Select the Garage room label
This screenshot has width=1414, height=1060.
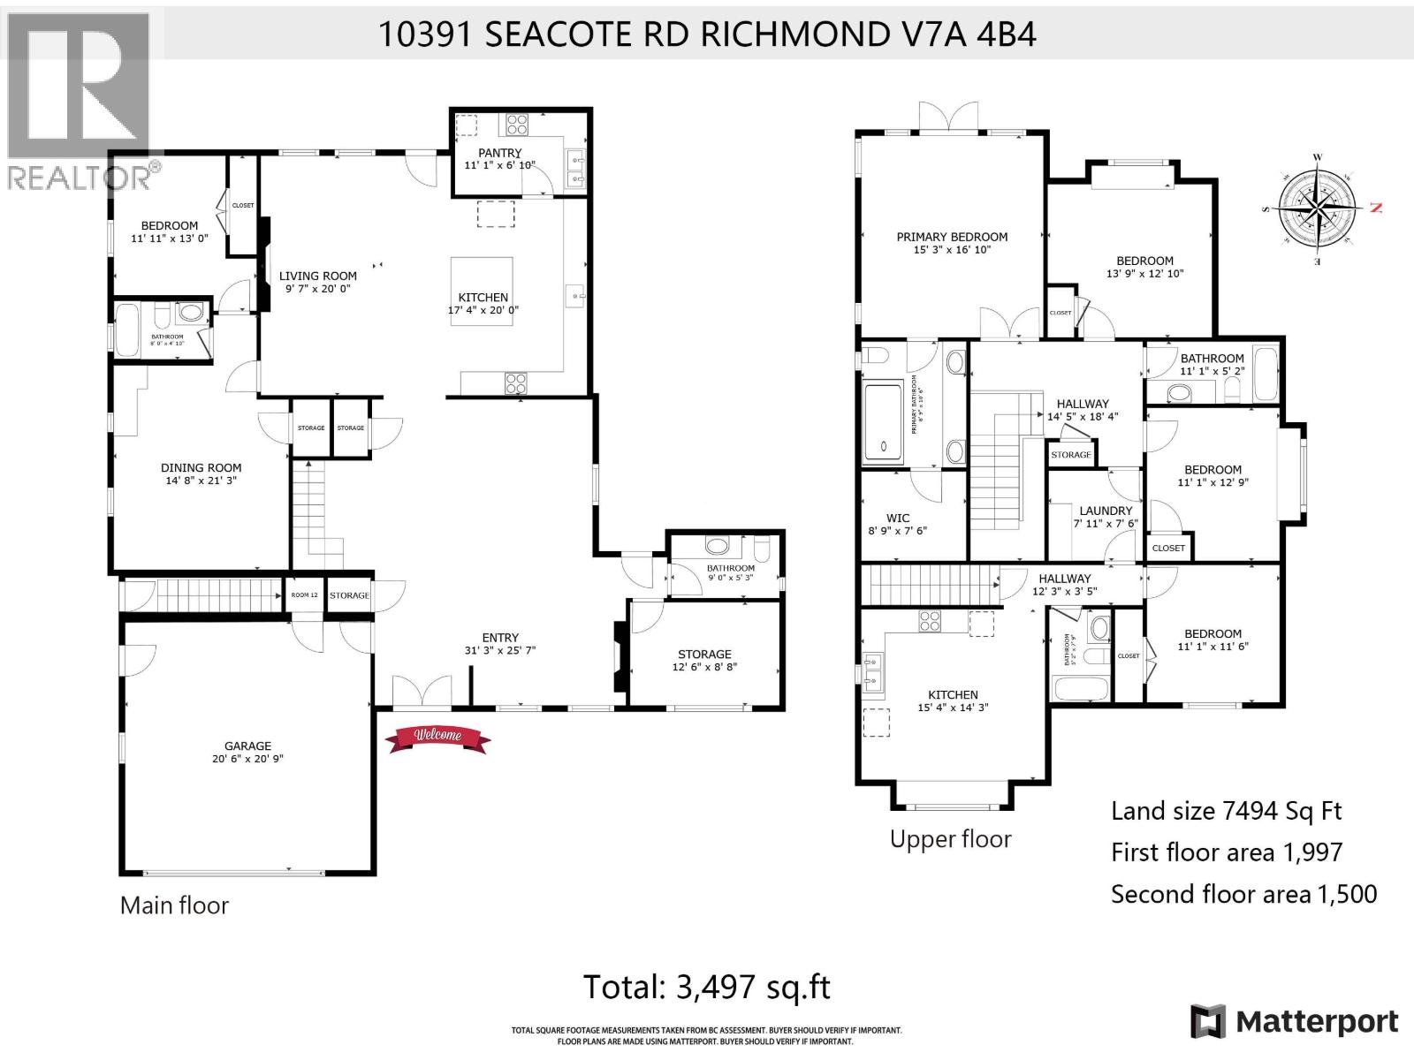pyautogui.click(x=247, y=746)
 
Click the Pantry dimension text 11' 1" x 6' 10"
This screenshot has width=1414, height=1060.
pyautogui.click(x=500, y=165)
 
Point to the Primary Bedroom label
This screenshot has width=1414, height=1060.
pyautogui.click(x=952, y=237)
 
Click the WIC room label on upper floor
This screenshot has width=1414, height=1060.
pyautogui.click(x=898, y=519)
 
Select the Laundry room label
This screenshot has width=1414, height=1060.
pyautogui.click(x=1106, y=511)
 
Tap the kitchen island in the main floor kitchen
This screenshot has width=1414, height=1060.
pyautogui.click(x=483, y=291)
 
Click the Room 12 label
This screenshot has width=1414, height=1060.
pyautogui.click(x=304, y=595)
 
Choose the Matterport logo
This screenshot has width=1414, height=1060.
pyautogui.click(x=1294, y=1022)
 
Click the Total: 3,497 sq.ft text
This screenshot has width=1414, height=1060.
pyautogui.click(x=707, y=986)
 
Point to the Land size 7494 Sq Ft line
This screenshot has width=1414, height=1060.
pyautogui.click(x=1227, y=810)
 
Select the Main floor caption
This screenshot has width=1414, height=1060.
pyautogui.click(x=174, y=905)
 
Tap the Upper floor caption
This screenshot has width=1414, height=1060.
pyautogui.click(x=950, y=838)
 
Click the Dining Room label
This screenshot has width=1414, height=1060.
pyautogui.click(x=201, y=468)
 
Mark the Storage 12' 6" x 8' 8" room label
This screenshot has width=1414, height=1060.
pyautogui.click(x=704, y=655)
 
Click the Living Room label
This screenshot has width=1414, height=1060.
pyautogui.click(x=318, y=276)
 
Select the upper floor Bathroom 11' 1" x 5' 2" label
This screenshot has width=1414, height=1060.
pyautogui.click(x=1212, y=358)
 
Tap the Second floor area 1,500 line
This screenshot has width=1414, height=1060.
pyautogui.click(x=1243, y=894)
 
